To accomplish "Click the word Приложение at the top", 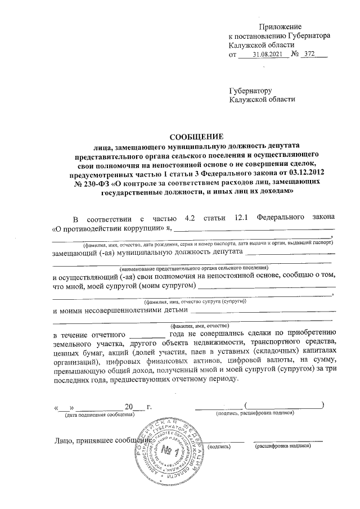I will pyautogui.click(x=280, y=27).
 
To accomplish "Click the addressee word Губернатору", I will pyautogui.click(x=250, y=90).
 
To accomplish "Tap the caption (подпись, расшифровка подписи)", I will pyautogui.click(x=256, y=414).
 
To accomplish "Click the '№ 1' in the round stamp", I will pyautogui.click(x=168, y=452).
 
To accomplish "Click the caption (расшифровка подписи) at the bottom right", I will pyautogui.click(x=282, y=445).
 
